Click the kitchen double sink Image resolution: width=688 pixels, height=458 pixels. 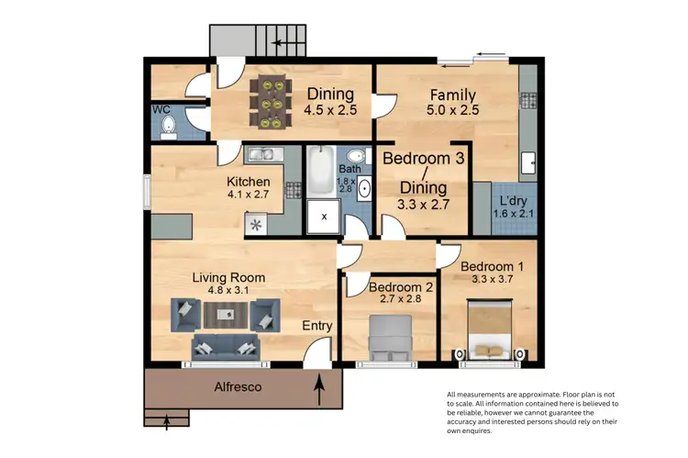260,155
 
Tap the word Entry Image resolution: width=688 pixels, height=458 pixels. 317,326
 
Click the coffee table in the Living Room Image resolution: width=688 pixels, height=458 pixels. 225,315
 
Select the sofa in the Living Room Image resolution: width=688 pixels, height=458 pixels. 225,347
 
